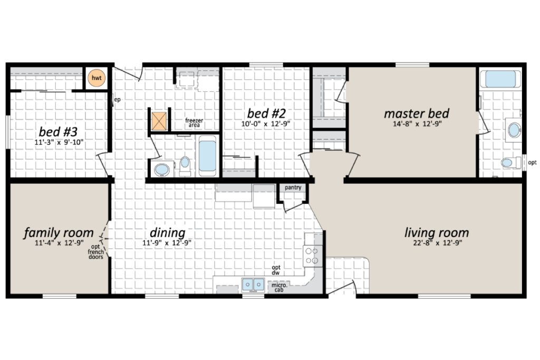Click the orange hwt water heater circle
(x=97, y=78)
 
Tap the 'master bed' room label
(x=417, y=113)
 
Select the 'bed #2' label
(x=266, y=113)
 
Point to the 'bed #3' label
(x=58, y=131)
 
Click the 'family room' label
(x=59, y=233)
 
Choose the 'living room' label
(x=437, y=232)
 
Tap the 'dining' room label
(x=167, y=233)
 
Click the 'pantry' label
(x=293, y=188)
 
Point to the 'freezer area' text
(x=194, y=122)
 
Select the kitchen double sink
(x=253, y=285)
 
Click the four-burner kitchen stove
(x=313, y=256)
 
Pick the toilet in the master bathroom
(x=511, y=162)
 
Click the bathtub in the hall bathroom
(x=207, y=156)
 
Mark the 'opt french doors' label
(x=96, y=251)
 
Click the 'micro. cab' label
(x=279, y=287)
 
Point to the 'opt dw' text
(x=276, y=270)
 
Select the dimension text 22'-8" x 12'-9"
(x=437, y=243)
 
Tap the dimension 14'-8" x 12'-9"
(x=417, y=124)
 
